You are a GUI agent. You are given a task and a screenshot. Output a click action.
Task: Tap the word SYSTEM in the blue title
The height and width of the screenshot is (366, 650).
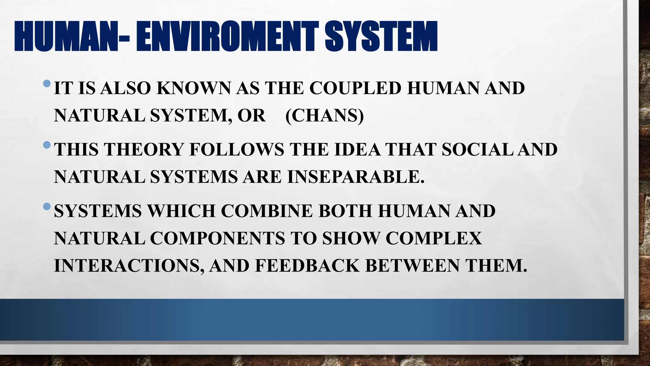381,37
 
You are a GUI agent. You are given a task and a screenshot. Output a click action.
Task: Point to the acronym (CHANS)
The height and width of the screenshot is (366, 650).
324,115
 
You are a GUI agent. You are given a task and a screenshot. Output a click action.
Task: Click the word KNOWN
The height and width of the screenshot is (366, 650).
194,88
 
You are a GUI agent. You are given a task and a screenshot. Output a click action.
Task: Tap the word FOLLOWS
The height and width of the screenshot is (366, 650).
236,149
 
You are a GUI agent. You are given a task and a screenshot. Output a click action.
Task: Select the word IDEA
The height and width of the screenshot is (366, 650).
357,149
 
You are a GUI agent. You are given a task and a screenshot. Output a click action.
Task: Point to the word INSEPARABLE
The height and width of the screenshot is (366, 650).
355,177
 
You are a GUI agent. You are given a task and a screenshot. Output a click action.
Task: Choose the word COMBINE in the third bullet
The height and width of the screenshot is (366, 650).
267,211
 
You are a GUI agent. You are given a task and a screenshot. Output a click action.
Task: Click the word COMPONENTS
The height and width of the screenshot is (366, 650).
217,238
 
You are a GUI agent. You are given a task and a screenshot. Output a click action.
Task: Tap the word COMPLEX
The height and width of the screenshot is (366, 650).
434,238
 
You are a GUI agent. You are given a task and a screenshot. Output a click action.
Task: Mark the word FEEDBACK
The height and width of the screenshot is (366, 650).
307,266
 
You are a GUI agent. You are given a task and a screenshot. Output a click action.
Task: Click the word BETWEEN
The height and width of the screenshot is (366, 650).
412,266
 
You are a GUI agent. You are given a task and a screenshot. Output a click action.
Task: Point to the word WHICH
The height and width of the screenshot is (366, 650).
181,211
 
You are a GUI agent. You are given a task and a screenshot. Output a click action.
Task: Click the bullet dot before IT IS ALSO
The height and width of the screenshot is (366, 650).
47,84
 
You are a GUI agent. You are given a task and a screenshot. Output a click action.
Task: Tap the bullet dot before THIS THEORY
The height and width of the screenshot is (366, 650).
47,145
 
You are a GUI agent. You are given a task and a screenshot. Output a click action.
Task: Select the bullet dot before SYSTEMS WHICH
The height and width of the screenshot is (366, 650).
47,207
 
